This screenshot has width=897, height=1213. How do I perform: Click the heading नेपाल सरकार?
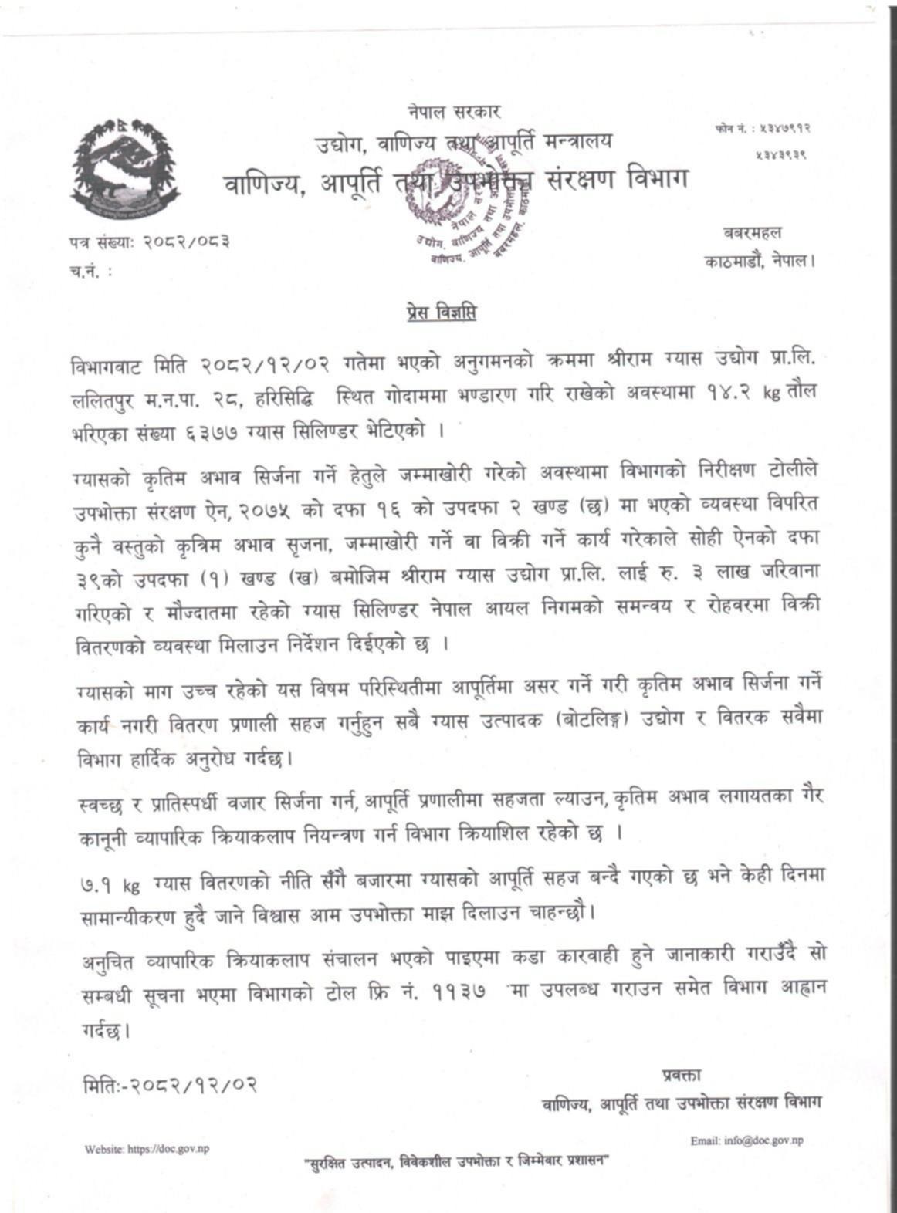point(455,113)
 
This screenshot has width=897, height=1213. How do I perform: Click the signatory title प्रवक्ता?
point(682,1075)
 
